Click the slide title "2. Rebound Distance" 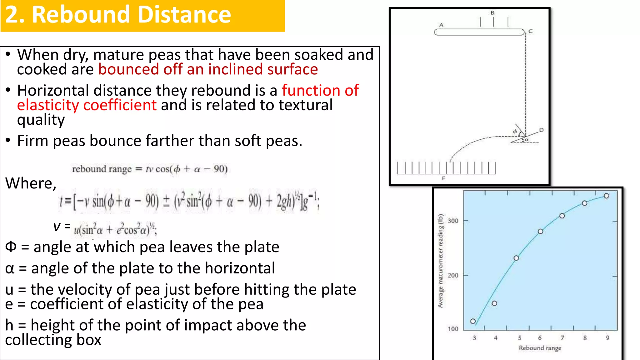pos(118,15)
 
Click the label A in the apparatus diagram pos(441,25)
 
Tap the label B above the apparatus pos(492,13)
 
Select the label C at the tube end pos(530,31)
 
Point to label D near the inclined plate pos(541,130)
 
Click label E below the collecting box pos(443,178)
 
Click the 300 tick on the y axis pos(453,221)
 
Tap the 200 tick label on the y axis pos(453,275)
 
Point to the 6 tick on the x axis pos(540,338)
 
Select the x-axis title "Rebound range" pos(540,348)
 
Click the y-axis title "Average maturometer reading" pos(441,261)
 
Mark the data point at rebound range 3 pos(473,321)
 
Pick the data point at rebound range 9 pos(607,196)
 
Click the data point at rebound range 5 pos(516,258)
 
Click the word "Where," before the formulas pos(31,183)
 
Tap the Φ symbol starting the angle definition pos(11,247)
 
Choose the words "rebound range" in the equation pos(102,169)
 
